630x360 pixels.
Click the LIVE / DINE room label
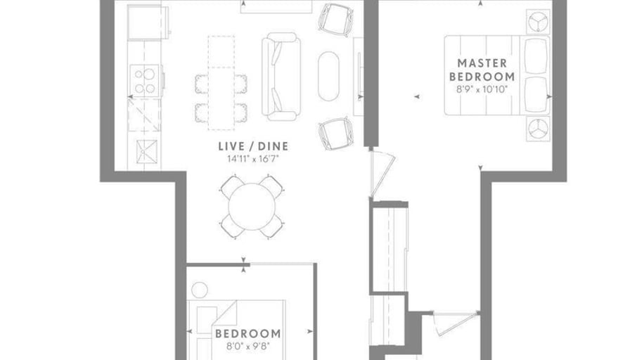pos(253,146)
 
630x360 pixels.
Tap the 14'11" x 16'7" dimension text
pos(252,159)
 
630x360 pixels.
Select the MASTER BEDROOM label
pos(482,70)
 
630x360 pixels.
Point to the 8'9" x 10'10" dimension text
pos(482,89)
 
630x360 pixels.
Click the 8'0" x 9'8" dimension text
pos(248,345)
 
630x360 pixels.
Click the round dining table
pos(252,207)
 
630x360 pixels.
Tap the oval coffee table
pos(328,76)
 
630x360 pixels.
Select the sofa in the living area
pos(281,77)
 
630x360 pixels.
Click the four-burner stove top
pos(145,81)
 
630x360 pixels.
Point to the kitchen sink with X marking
pos(147,152)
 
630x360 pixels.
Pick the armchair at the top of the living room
pos(336,20)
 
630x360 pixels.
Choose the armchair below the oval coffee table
pos(336,134)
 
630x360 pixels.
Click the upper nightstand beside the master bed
pos(538,22)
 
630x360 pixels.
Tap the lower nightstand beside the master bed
pos(538,129)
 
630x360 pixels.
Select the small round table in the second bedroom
pos(199,290)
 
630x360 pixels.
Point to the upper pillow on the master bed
pos(536,56)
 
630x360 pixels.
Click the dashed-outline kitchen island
pos(221,83)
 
